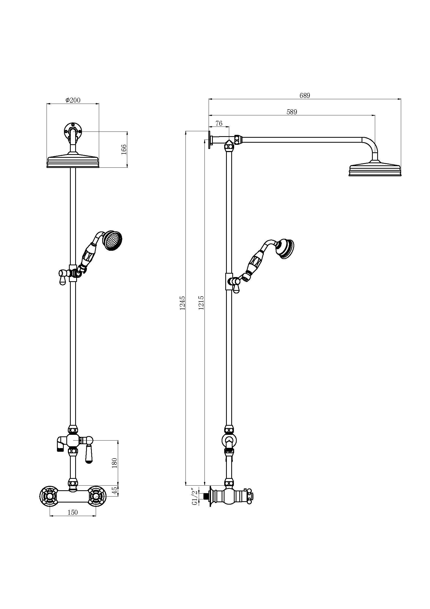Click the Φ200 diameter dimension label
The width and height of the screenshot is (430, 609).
(x=73, y=100)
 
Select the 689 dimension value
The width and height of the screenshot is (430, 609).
(x=305, y=96)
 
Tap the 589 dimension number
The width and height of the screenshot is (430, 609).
(x=292, y=112)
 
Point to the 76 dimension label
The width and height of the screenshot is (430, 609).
(x=219, y=123)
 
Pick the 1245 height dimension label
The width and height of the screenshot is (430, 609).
(x=183, y=303)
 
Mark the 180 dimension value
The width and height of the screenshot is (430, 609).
(x=114, y=463)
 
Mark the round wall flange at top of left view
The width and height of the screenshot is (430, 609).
(x=73, y=131)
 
